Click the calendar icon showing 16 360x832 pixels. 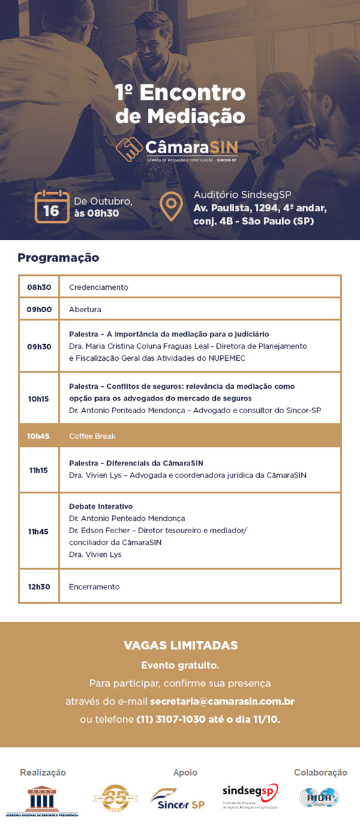click(x=52, y=206)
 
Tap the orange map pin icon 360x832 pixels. click(x=170, y=206)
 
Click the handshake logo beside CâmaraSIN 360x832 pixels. click(x=129, y=149)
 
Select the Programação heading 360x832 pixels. click(x=58, y=258)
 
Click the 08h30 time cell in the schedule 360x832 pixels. click(x=39, y=287)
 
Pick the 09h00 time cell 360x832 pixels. click(x=39, y=310)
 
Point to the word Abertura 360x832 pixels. click(x=85, y=310)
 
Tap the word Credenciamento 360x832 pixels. click(x=98, y=287)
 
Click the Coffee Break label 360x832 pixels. click(x=93, y=436)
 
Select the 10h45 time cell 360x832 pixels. click(x=39, y=436)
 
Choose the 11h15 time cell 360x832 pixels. click(x=39, y=470)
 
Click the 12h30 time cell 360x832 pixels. click(x=39, y=587)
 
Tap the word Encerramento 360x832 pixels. click(x=94, y=587)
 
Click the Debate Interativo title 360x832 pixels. click(x=101, y=506)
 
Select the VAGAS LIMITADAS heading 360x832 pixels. click(x=181, y=645)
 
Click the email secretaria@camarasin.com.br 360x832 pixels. click(x=222, y=701)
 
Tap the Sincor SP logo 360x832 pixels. click(x=177, y=799)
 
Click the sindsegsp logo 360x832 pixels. click(x=250, y=795)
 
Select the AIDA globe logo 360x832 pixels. click(x=319, y=797)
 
